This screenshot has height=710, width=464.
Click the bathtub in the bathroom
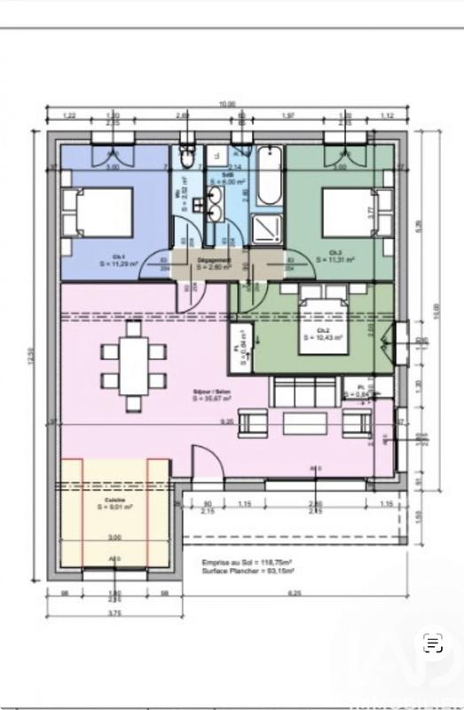click(x=267, y=177)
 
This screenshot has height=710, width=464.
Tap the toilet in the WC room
click(x=185, y=157)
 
